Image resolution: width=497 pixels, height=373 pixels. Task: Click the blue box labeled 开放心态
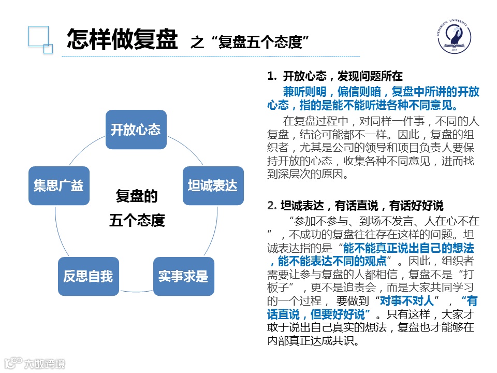[x=136, y=130]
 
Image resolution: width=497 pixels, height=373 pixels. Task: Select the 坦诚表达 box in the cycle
[x=212, y=185]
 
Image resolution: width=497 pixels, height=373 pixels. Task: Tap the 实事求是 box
[x=183, y=276]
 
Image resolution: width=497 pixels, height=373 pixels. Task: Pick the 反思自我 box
[x=88, y=276]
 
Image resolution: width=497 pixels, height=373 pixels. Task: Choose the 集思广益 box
[x=59, y=185]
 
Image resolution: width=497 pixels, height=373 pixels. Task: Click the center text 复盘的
[x=136, y=196]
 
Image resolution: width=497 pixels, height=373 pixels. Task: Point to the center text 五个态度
[x=137, y=220]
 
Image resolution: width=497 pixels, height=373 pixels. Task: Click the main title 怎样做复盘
[x=122, y=39]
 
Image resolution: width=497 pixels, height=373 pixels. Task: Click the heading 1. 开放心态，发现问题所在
[x=335, y=76]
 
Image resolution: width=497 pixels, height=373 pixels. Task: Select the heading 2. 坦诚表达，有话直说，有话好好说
[x=355, y=205]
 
